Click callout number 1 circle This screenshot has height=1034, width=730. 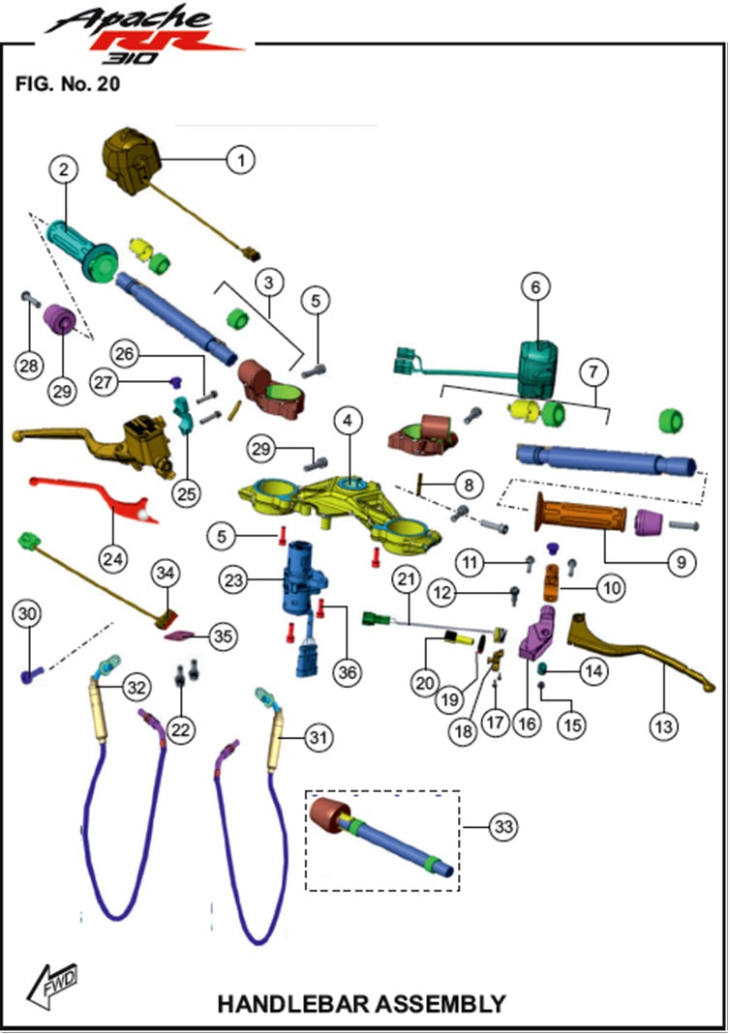[240, 158]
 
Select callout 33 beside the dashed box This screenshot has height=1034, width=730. [503, 827]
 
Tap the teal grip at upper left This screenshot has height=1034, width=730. [81, 242]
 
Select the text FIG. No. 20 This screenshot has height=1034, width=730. [67, 84]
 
